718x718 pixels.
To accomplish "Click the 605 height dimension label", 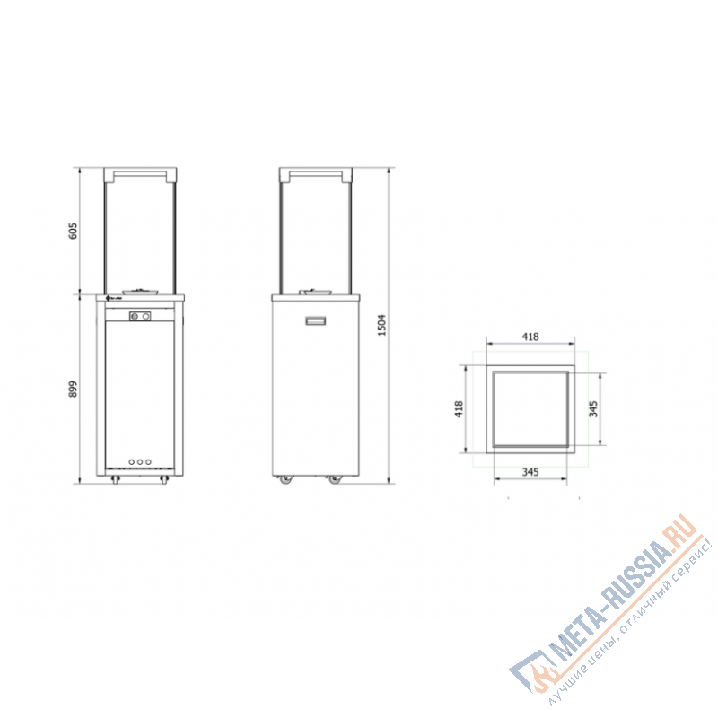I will (x=74, y=231).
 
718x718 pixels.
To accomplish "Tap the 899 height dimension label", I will (x=74, y=389).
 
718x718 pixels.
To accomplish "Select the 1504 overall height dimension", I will (x=381, y=325).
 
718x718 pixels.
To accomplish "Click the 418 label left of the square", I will (x=458, y=409).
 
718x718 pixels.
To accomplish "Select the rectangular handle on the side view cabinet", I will (x=316, y=320).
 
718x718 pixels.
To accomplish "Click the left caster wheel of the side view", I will (x=286, y=480).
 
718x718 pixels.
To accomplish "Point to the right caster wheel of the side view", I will (x=335, y=480).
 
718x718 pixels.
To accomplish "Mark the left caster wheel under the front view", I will (x=115, y=482).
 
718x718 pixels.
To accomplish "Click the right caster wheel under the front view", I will (x=163, y=482).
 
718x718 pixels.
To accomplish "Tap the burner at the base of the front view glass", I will (x=141, y=290).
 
